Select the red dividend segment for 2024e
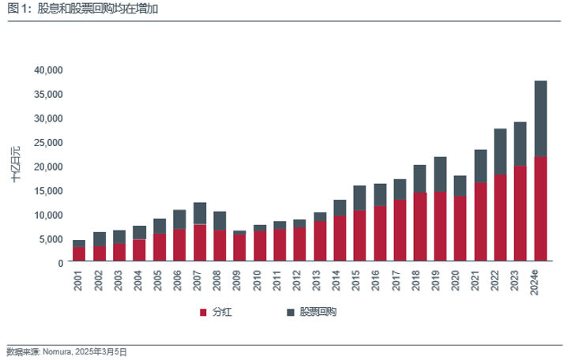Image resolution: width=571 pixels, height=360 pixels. click(x=540, y=209)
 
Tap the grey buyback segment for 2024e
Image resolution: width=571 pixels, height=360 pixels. click(x=540, y=118)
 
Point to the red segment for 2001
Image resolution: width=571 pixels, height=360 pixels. click(x=79, y=254)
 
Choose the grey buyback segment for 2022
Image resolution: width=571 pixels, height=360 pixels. click(x=501, y=152)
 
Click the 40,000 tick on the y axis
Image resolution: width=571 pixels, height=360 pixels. click(x=48, y=69)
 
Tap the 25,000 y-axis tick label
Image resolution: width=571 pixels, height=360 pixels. click(x=48, y=142)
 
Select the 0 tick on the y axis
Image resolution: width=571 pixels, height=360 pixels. click(x=59, y=262)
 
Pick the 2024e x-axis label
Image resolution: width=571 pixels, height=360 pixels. click(x=539, y=282)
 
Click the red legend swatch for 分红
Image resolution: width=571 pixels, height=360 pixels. click(x=203, y=313)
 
